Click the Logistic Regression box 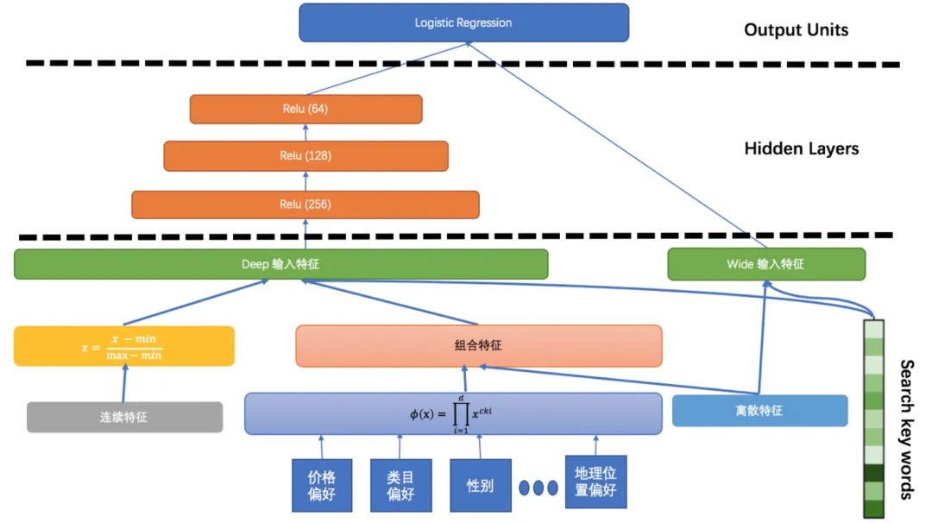click(463, 22)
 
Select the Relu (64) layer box click(305, 110)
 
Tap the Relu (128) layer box click(305, 156)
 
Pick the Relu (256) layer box click(305, 205)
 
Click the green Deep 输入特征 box click(280, 264)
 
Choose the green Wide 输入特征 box click(765, 264)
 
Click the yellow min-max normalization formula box click(123, 346)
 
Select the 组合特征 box click(478, 345)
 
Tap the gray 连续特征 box click(123, 417)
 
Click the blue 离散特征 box click(759, 411)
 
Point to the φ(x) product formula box click(452, 413)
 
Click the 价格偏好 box click(322, 484)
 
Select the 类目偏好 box click(400, 484)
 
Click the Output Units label click(796, 30)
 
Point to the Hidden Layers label click(801, 148)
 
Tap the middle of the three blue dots click(538, 488)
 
